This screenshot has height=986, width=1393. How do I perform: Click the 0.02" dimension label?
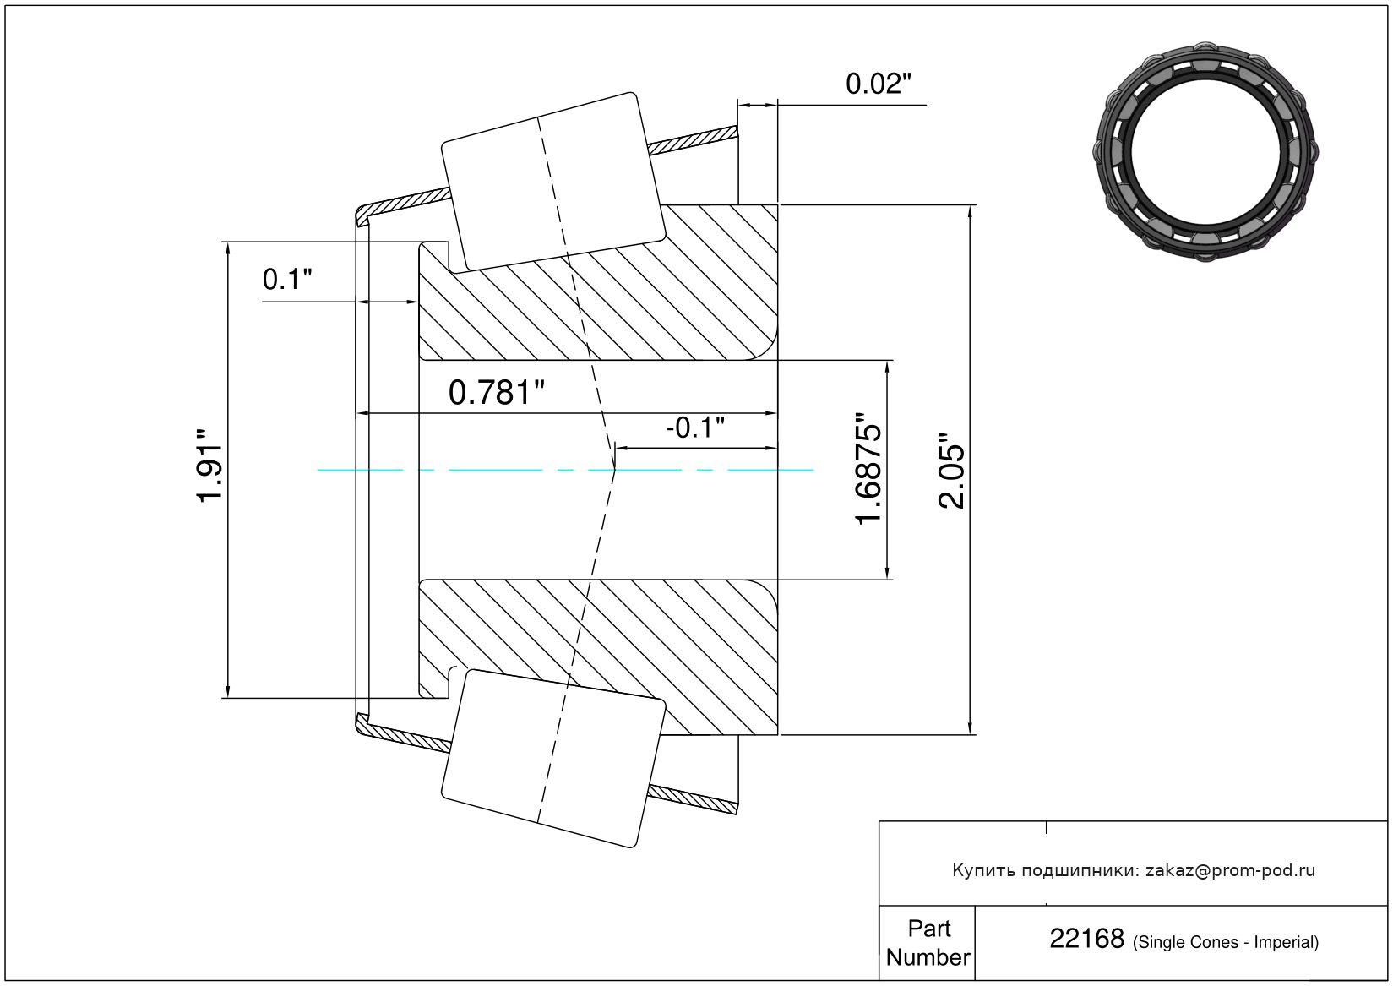(x=878, y=84)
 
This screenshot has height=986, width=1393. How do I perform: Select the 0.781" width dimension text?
(x=496, y=393)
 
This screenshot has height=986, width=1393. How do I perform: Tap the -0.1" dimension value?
(x=695, y=428)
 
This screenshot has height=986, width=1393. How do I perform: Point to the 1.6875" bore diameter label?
(x=868, y=468)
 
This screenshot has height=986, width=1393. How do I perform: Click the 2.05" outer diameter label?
(x=951, y=470)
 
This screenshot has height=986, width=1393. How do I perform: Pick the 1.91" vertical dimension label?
(x=209, y=465)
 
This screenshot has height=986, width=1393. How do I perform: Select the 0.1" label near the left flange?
(x=286, y=280)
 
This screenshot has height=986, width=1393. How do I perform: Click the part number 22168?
(x=1086, y=938)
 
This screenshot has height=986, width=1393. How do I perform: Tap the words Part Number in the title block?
(x=928, y=942)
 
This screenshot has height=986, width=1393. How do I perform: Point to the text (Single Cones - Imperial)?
(x=1225, y=942)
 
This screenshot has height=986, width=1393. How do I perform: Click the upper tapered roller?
(x=552, y=182)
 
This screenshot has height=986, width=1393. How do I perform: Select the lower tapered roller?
(x=552, y=759)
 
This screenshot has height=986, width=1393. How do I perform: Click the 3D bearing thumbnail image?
(x=1205, y=152)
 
